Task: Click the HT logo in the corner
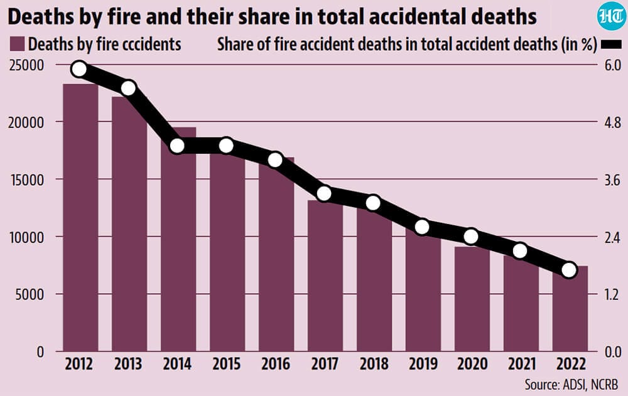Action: pyautogui.click(x=611, y=18)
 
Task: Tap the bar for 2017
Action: pyautogui.click(x=325, y=276)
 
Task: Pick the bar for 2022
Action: pyautogui.click(x=570, y=308)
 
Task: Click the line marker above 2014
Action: pyautogui.click(x=178, y=146)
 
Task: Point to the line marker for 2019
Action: pyautogui.click(x=422, y=227)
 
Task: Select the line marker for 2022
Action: pyautogui.click(x=569, y=270)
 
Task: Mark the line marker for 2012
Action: pyautogui.click(x=79, y=69)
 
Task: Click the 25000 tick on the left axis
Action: pyautogui.click(x=26, y=65)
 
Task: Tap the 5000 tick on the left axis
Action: pyautogui.click(x=30, y=295)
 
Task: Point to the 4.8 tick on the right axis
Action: pyautogui.click(x=612, y=122)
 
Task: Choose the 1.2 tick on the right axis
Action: pyautogui.click(x=612, y=295)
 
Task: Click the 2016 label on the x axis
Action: pyautogui.click(x=276, y=364)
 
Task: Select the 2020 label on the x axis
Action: pyautogui.click(x=472, y=364)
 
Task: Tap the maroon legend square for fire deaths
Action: pyautogui.click(x=17, y=44)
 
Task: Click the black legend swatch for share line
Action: pyautogui.click(x=611, y=45)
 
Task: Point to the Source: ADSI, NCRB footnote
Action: pyautogui.click(x=571, y=384)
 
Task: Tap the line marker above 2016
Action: pyautogui.click(x=276, y=160)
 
